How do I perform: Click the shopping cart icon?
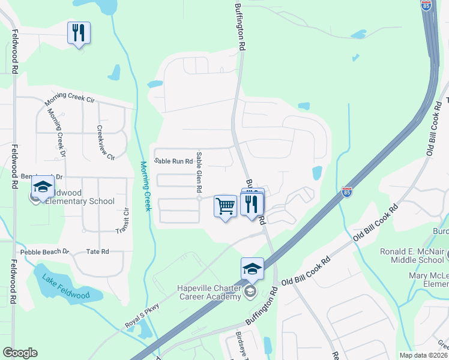[x=225, y=206]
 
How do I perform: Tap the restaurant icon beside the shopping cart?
[x=252, y=204]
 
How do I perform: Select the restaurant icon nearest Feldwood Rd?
[x=79, y=33]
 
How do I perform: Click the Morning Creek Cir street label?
[x=70, y=101]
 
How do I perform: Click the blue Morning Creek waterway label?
[x=144, y=185]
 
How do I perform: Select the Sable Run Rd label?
[x=173, y=161]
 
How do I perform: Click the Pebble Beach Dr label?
[x=45, y=252]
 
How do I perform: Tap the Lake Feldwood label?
[x=66, y=287]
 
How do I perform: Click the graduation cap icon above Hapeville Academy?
[x=252, y=269]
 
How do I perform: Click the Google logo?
[x=20, y=353]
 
